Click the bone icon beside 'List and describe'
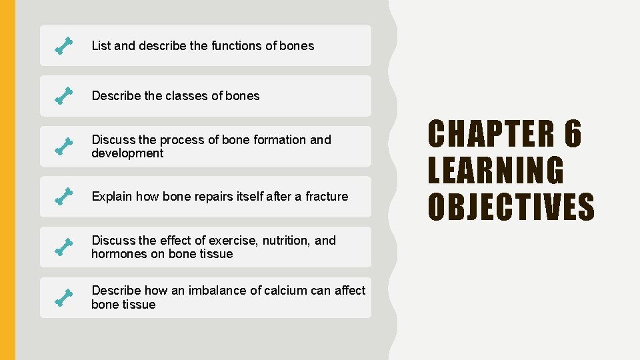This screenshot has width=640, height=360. click(x=63, y=46)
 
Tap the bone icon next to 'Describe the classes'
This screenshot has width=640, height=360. click(x=63, y=96)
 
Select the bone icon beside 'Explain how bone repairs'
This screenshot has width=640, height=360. click(x=63, y=197)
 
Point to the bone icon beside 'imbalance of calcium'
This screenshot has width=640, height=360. click(x=63, y=297)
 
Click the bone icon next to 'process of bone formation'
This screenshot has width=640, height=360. click(x=63, y=147)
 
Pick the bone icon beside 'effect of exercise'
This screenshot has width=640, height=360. click(x=63, y=247)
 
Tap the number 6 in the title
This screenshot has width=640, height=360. click(x=573, y=134)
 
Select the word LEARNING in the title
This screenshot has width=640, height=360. click(x=495, y=170)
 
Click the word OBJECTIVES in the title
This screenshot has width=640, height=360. click(x=511, y=206)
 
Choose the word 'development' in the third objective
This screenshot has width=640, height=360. click(x=127, y=153)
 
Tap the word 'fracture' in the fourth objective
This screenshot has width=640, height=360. click(x=327, y=197)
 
